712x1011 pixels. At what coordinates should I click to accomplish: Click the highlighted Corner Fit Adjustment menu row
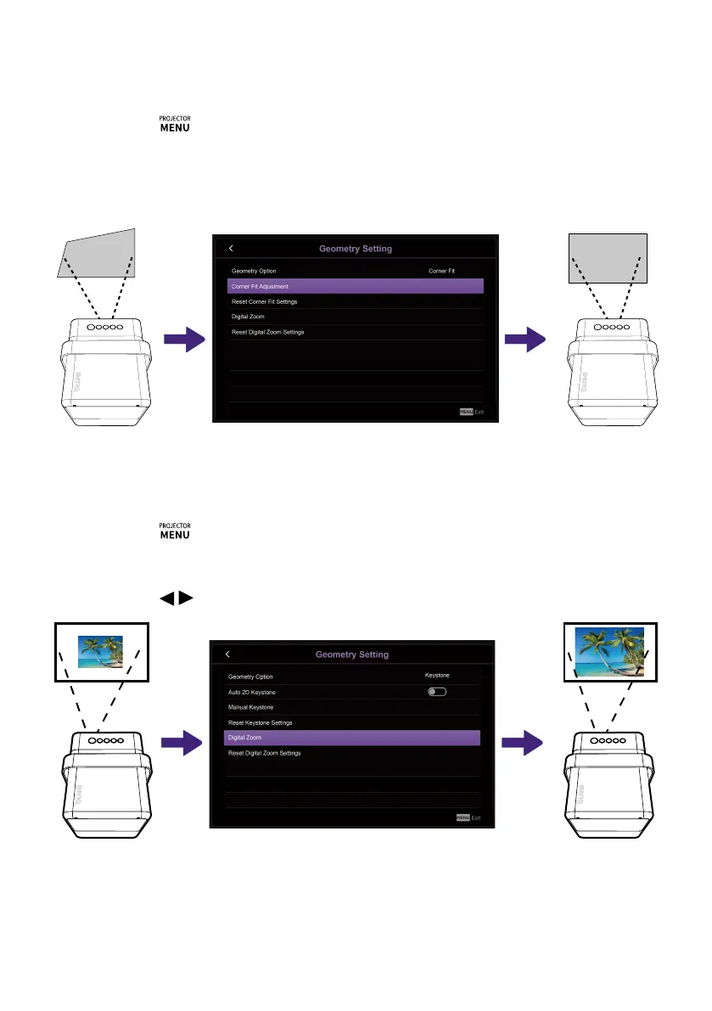(355, 287)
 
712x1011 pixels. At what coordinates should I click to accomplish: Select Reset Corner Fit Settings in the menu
(265, 302)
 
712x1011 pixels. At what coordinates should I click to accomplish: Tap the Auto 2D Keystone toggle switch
(437, 692)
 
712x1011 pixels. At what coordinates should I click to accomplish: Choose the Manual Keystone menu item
(251, 707)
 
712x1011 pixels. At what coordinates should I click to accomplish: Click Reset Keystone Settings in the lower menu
(261, 722)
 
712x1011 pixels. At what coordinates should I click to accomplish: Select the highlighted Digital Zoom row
(351, 738)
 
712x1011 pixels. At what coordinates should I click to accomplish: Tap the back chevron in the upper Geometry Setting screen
(232, 249)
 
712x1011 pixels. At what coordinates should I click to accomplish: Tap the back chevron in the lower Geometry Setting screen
(228, 654)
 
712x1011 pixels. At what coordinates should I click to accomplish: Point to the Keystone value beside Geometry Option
(437, 676)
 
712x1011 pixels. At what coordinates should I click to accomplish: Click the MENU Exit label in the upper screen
(471, 412)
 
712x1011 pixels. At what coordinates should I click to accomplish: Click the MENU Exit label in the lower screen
(468, 817)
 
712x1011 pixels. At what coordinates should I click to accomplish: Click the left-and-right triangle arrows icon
(174, 599)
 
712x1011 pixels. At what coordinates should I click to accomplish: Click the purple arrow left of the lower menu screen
(185, 744)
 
